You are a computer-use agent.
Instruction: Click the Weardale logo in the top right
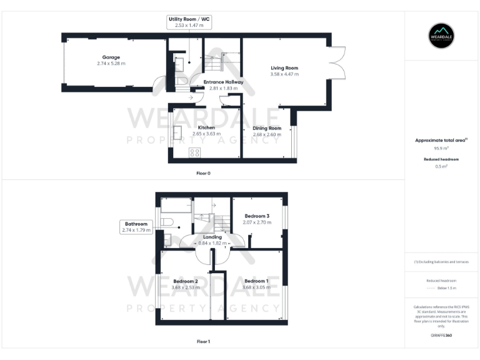point(441,36)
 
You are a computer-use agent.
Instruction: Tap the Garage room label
point(111,57)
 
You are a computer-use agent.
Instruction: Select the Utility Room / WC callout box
point(189,23)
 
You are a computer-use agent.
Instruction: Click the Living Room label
point(284,67)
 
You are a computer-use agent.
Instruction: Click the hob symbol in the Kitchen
point(194,152)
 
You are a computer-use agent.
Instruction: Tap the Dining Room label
point(267,127)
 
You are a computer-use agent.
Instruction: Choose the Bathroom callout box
point(136,227)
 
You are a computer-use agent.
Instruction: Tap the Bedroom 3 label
point(257,216)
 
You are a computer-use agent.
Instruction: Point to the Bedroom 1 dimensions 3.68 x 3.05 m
point(257,287)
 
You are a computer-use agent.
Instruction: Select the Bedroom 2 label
point(186,281)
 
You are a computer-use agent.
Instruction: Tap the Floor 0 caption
point(203,172)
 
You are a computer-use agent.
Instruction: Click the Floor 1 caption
point(203,341)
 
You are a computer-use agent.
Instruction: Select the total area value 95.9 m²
point(441,149)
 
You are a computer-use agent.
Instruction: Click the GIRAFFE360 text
point(441,336)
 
